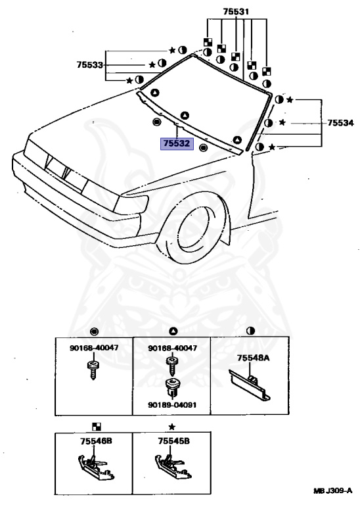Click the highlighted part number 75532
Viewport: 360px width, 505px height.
[177, 143]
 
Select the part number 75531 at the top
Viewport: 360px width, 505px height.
[236, 12]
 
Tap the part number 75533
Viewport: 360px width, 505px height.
[90, 64]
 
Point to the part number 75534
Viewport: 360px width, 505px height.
[340, 123]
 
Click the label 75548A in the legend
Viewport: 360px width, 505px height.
[253, 358]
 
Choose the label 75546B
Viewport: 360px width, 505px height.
[96, 441]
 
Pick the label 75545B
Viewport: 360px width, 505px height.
[173, 441]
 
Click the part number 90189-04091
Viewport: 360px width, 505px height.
[172, 405]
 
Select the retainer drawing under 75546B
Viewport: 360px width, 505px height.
[96, 466]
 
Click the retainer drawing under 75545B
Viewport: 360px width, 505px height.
[173, 466]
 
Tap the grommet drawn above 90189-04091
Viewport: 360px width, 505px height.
[172, 388]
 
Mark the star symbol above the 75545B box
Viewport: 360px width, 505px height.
[172, 427]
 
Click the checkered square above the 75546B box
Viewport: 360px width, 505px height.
[97, 426]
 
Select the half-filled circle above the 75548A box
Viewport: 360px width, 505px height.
[250, 331]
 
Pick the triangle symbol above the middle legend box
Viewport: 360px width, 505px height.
[173, 331]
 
